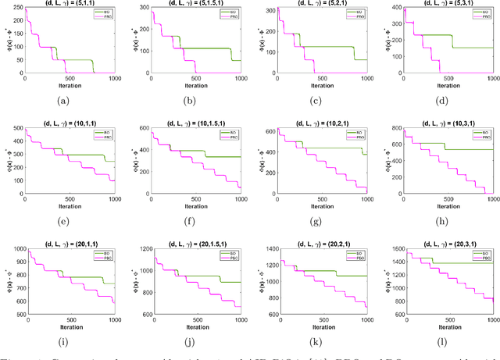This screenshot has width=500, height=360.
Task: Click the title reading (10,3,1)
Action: (448, 123)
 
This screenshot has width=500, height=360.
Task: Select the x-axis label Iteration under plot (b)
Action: (195, 85)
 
